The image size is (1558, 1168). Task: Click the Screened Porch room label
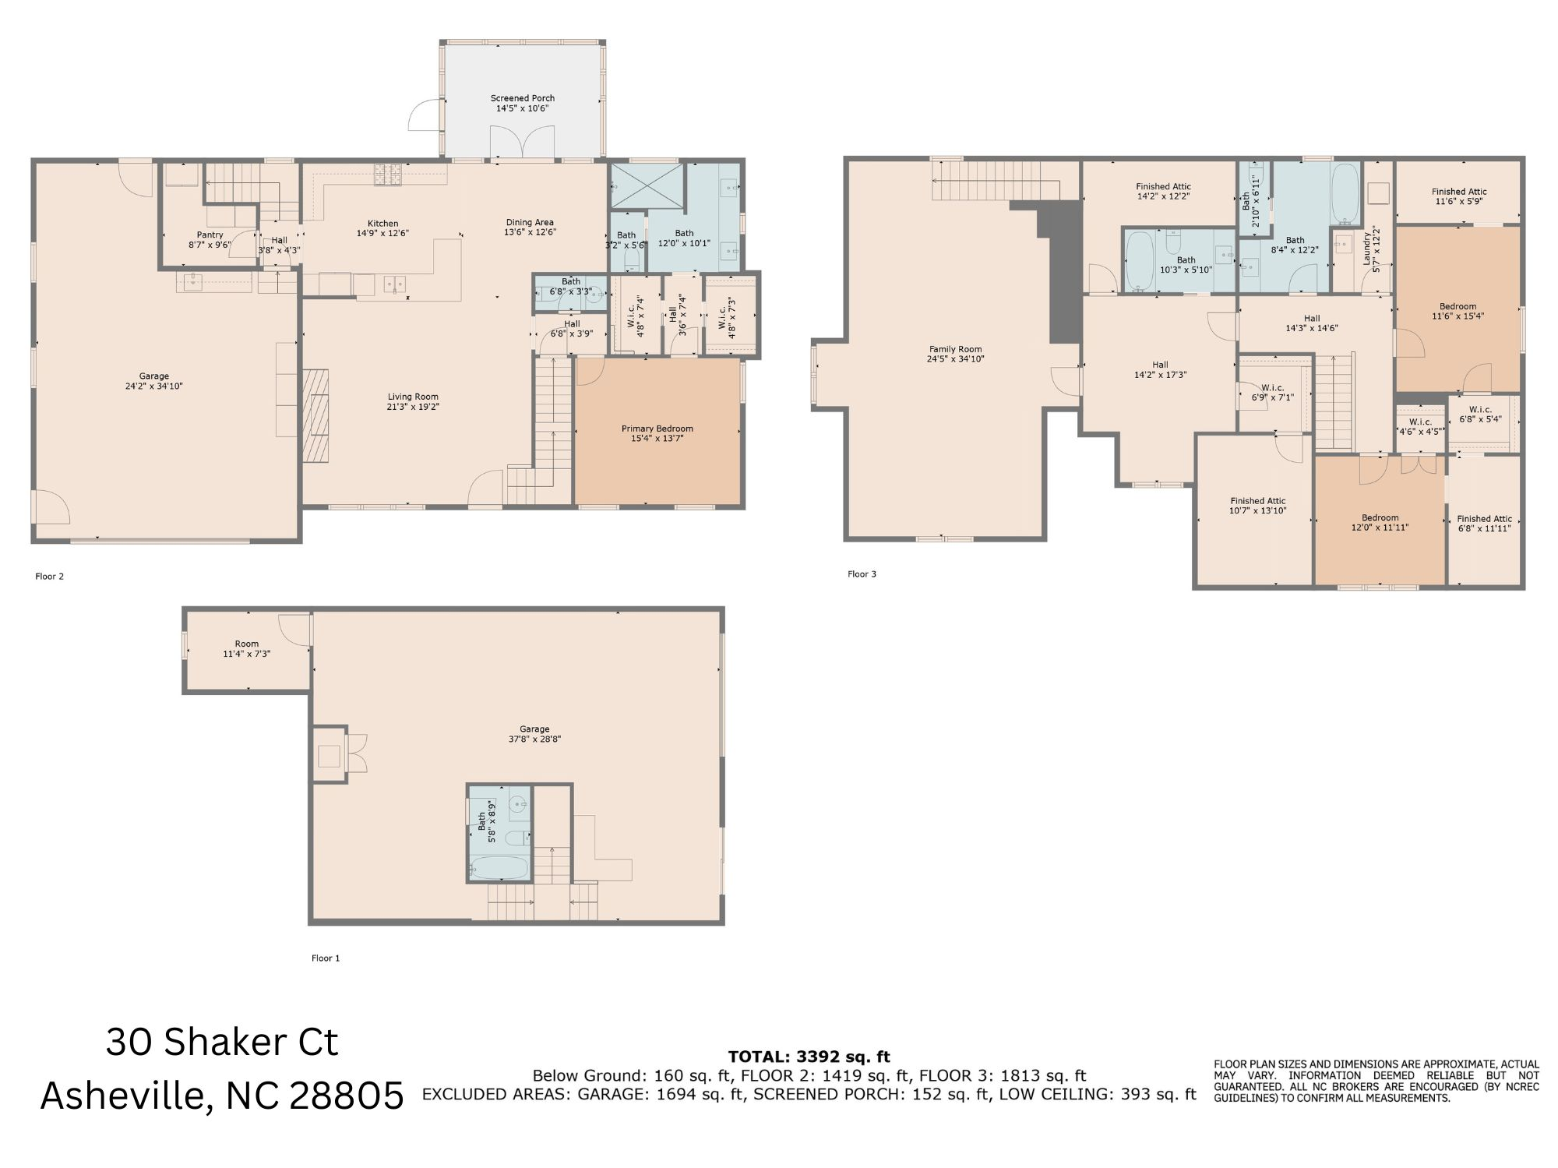click(522, 104)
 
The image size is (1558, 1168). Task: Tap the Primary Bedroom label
click(657, 433)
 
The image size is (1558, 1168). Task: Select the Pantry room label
click(210, 239)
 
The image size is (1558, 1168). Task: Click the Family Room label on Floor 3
click(955, 355)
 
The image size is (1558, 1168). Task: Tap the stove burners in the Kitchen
click(387, 174)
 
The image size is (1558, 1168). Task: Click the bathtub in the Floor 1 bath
click(499, 867)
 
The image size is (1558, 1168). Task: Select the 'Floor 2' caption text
click(49, 577)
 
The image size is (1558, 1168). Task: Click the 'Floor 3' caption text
click(862, 574)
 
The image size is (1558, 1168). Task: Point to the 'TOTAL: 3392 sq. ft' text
click(809, 1057)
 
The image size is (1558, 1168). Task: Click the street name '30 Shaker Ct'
click(222, 1043)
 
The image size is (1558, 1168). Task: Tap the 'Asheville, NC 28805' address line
click(222, 1096)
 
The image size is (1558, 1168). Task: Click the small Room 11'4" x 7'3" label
click(246, 649)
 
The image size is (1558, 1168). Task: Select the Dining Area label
click(530, 227)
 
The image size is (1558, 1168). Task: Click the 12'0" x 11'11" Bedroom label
click(1380, 522)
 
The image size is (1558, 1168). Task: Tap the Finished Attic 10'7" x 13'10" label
click(1257, 506)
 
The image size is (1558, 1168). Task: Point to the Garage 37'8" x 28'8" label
click(534, 734)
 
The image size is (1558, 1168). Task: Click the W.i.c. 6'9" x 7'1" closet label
click(1272, 392)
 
